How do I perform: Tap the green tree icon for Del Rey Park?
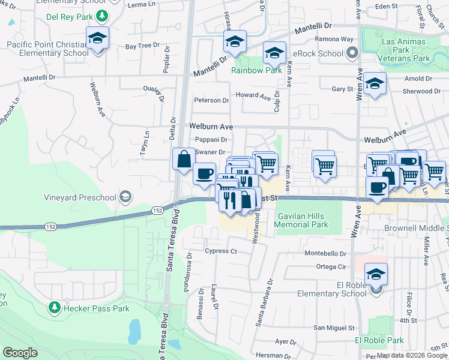click(103, 16)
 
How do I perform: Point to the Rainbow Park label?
click(257, 70)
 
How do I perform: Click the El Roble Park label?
click(379, 340)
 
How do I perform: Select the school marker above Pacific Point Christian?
click(97, 38)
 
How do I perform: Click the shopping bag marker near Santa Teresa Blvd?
click(184, 160)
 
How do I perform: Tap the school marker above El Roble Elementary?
click(376, 274)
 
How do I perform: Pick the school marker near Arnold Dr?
click(375, 85)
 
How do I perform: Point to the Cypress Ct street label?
click(221, 251)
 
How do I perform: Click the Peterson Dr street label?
click(211, 100)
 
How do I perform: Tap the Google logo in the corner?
click(20, 353)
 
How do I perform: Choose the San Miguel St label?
click(336, 328)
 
